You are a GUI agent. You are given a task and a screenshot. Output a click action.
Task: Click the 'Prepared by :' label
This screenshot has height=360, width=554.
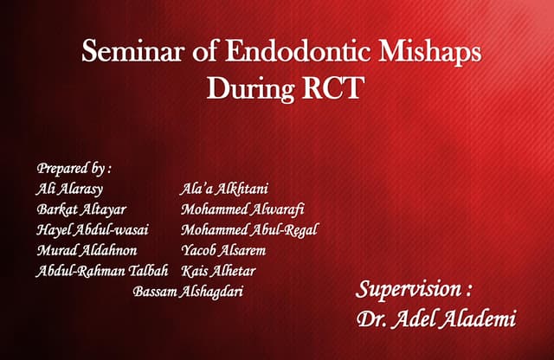pos(74,168)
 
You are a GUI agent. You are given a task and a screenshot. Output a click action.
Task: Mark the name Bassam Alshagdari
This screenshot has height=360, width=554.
pos(188,292)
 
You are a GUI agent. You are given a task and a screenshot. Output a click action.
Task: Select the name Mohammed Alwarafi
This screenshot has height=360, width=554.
pos(242,209)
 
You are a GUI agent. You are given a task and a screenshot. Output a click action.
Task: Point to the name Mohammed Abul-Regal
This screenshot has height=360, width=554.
pos(250,230)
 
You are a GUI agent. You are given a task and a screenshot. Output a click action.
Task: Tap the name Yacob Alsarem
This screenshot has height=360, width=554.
pos(223,251)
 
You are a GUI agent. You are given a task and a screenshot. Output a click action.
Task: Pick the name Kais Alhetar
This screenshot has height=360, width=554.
pos(218,272)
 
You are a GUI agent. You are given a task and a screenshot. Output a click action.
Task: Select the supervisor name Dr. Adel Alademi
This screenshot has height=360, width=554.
pos(436,319)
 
